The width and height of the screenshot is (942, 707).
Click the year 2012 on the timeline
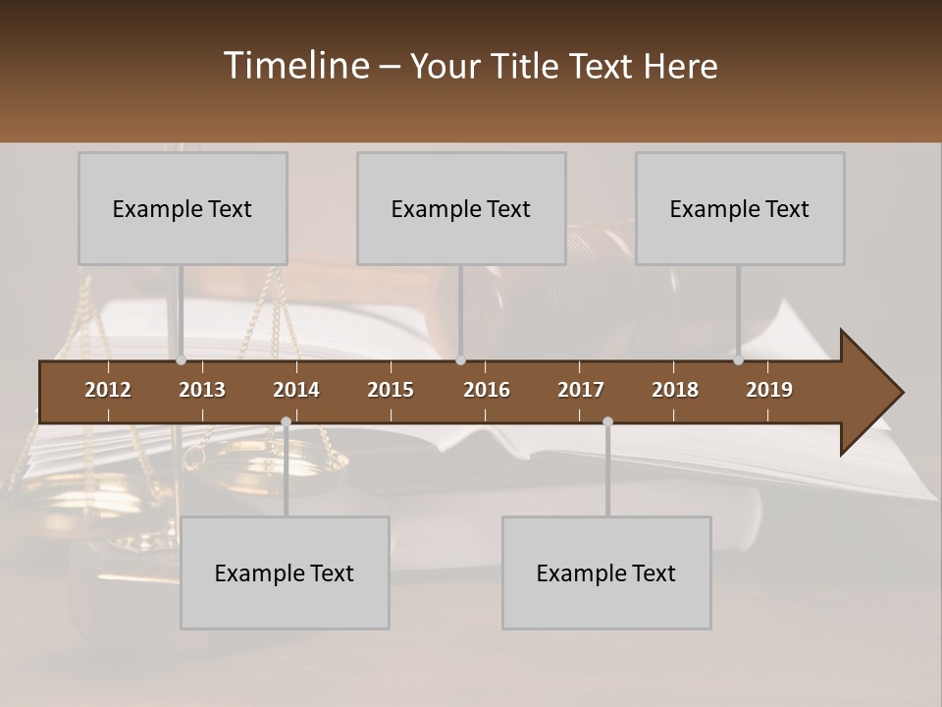(108, 390)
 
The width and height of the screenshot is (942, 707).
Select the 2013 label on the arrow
(202, 390)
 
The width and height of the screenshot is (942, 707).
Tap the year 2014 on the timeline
(296, 390)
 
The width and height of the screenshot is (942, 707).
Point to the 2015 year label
(391, 390)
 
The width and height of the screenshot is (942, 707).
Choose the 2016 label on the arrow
(487, 390)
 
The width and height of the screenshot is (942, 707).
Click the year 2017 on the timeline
(581, 390)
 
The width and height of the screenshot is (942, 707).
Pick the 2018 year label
(675, 390)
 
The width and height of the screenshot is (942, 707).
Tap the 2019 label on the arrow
(769, 390)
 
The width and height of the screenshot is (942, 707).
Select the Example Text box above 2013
(183, 208)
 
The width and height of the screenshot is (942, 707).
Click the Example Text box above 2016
(461, 208)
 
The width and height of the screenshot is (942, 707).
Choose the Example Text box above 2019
(740, 208)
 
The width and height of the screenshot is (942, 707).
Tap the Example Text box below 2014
(285, 572)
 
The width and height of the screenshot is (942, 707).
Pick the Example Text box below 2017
(606, 572)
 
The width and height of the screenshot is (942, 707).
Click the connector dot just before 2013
(182, 360)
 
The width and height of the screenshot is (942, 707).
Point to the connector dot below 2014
(286, 421)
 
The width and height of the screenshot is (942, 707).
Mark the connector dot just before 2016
(460, 360)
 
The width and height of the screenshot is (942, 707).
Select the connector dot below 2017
(607, 421)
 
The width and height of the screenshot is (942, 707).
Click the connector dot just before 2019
(739, 360)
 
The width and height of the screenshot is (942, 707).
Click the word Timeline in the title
(294, 66)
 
